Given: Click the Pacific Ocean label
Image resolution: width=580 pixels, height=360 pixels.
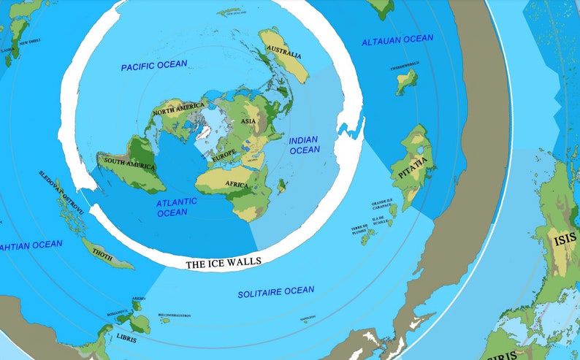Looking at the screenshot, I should [x=153, y=65].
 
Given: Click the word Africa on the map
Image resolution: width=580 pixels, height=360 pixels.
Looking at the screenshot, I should [x=237, y=184].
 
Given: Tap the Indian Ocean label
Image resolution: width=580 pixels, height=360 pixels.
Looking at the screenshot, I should [x=304, y=145].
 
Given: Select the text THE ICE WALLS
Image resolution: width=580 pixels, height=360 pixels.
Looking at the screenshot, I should [x=223, y=263].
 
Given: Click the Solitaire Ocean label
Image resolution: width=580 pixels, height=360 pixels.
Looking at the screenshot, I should [x=276, y=292].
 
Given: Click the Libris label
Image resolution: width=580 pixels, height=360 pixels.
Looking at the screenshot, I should [x=126, y=337].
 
